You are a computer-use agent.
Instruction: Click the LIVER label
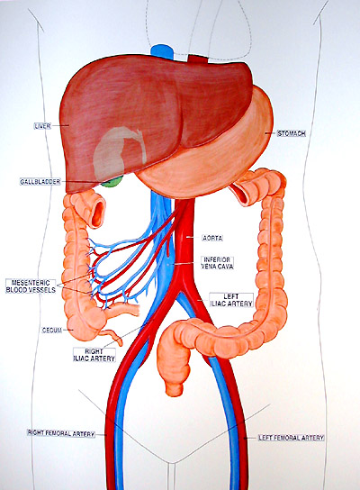[x=42, y=126]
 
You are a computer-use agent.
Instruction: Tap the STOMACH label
[x=292, y=133]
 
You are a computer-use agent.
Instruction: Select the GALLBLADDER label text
[x=40, y=182]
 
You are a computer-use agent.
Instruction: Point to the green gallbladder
[x=112, y=182]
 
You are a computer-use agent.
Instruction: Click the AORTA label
[x=212, y=238]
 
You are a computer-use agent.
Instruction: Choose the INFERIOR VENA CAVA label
[x=217, y=263]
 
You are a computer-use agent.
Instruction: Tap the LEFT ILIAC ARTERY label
[x=231, y=300]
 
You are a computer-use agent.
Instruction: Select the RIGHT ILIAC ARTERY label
[x=94, y=355]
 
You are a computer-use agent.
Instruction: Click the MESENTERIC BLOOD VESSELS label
[x=31, y=286]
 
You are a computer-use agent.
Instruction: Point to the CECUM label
[x=52, y=331]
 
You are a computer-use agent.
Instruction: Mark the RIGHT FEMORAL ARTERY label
[x=61, y=433]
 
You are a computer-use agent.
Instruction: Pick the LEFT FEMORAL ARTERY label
[x=291, y=438]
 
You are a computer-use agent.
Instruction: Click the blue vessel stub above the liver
[x=162, y=51]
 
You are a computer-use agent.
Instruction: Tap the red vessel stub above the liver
[x=198, y=59]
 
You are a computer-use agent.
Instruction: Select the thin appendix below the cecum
[x=112, y=337]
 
